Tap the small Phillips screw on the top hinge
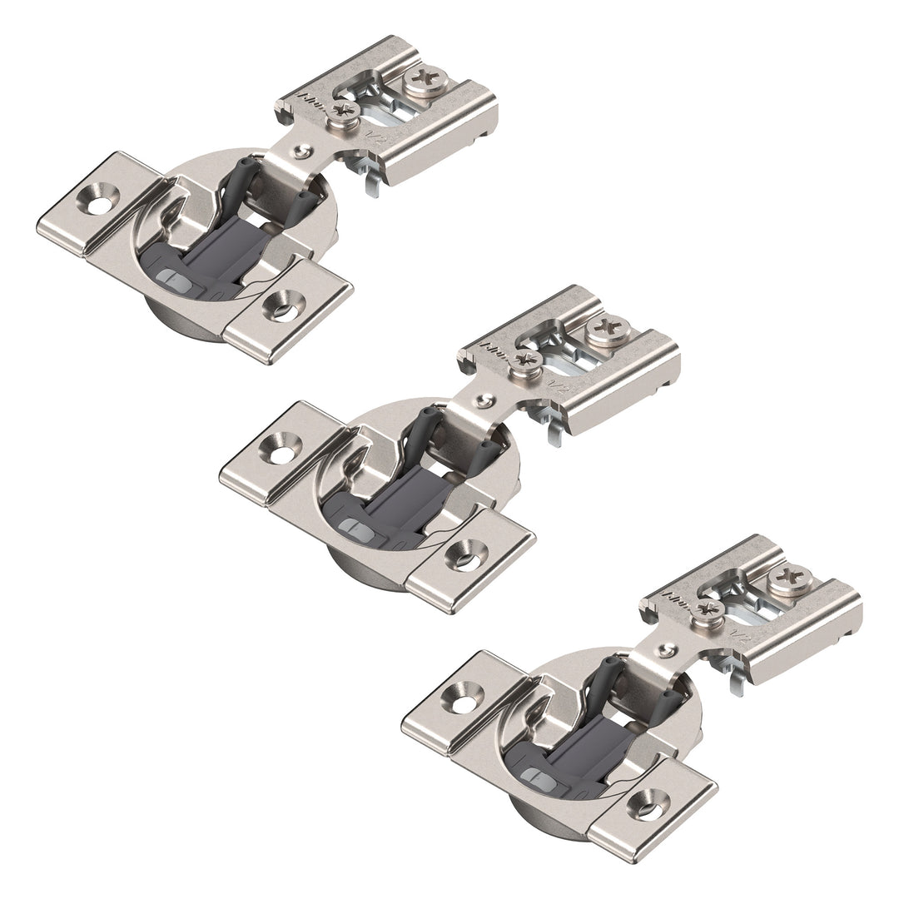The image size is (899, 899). (x=342, y=112)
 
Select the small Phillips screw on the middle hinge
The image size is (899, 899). (x=525, y=361)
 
